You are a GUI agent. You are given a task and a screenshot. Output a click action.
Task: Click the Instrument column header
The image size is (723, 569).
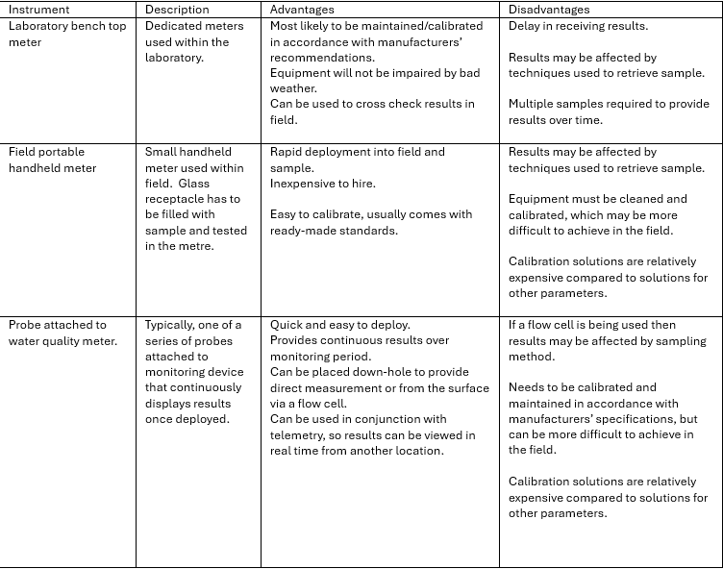[39, 10]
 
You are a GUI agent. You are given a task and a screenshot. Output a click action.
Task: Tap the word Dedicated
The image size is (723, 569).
[176, 26]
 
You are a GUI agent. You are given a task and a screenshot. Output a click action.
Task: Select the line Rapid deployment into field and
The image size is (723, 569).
[358, 152]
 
